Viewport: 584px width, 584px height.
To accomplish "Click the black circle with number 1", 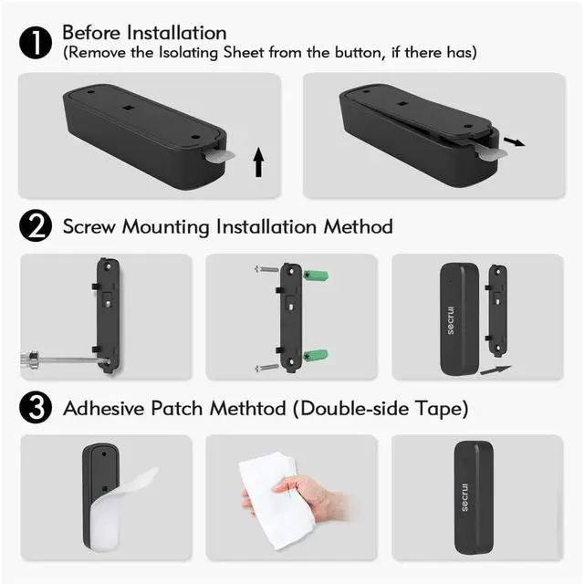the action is (x=36, y=43).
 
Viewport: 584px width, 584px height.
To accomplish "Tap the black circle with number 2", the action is (x=36, y=225).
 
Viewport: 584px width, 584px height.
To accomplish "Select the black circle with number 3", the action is (x=36, y=407).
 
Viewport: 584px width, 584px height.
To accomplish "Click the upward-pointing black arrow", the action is (x=258, y=162).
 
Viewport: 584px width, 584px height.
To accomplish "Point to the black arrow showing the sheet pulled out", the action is (x=515, y=142).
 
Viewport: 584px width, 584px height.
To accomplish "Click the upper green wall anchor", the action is (x=316, y=276).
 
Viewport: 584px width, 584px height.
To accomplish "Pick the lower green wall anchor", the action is (x=316, y=356).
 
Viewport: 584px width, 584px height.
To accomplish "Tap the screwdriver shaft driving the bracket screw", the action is (x=71, y=360).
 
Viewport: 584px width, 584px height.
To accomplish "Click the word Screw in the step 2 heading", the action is (x=89, y=226).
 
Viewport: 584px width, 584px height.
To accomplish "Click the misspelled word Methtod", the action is (x=247, y=408).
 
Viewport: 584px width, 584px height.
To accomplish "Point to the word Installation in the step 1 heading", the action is (x=176, y=33).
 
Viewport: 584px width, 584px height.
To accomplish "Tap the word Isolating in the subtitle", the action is (x=189, y=53).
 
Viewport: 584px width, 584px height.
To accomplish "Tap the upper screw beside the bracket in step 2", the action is (x=266, y=269).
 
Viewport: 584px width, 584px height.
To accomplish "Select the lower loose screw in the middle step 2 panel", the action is (x=266, y=368).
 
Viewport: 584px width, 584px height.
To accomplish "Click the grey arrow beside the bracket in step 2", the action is (x=495, y=370).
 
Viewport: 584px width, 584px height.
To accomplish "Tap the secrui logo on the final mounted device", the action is (x=464, y=497).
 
